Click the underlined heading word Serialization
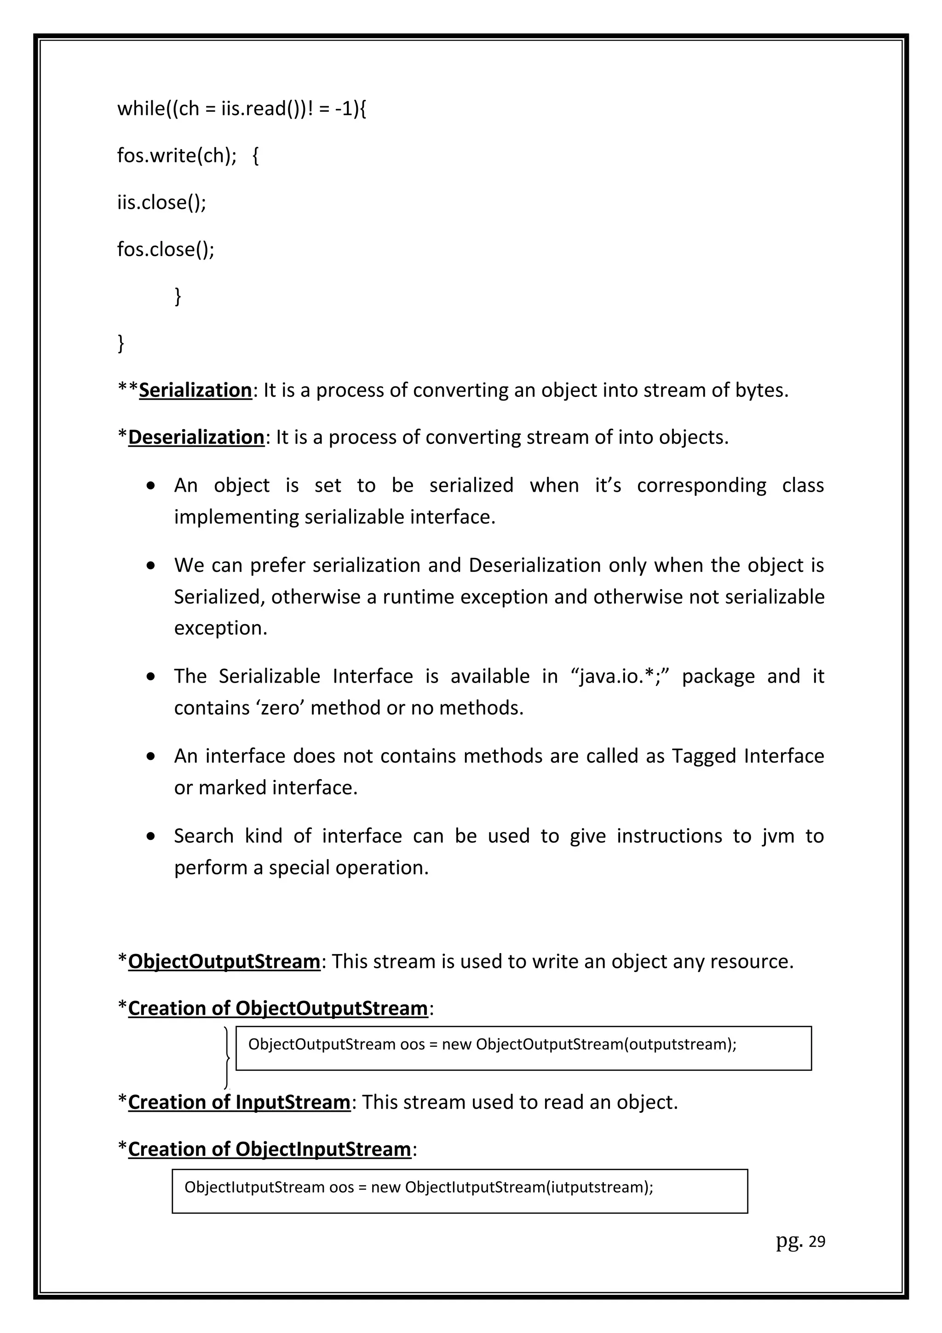(x=195, y=390)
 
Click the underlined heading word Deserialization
(x=196, y=437)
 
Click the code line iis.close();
(x=161, y=203)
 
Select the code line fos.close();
(x=166, y=250)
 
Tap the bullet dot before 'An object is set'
(x=151, y=485)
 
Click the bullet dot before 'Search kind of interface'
(x=151, y=837)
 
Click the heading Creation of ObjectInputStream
(x=270, y=1149)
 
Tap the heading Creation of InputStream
(x=239, y=1102)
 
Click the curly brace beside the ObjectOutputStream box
(x=226, y=1058)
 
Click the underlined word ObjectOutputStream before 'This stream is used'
(x=224, y=961)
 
